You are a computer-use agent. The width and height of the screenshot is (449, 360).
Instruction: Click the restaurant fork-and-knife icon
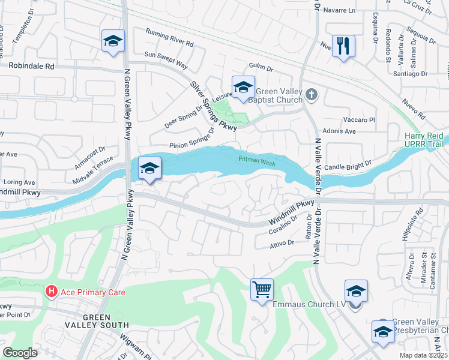click(343, 46)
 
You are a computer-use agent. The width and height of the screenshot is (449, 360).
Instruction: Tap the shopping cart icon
click(262, 290)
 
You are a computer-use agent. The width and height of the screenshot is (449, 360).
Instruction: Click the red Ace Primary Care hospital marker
click(52, 292)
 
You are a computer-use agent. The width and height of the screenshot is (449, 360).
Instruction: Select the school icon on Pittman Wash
click(149, 168)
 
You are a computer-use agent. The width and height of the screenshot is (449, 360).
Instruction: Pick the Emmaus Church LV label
click(309, 305)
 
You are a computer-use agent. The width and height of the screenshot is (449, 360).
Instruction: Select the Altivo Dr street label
click(282, 243)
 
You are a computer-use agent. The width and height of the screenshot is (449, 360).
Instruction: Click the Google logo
click(20, 353)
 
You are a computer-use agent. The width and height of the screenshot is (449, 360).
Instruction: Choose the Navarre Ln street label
click(339, 11)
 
